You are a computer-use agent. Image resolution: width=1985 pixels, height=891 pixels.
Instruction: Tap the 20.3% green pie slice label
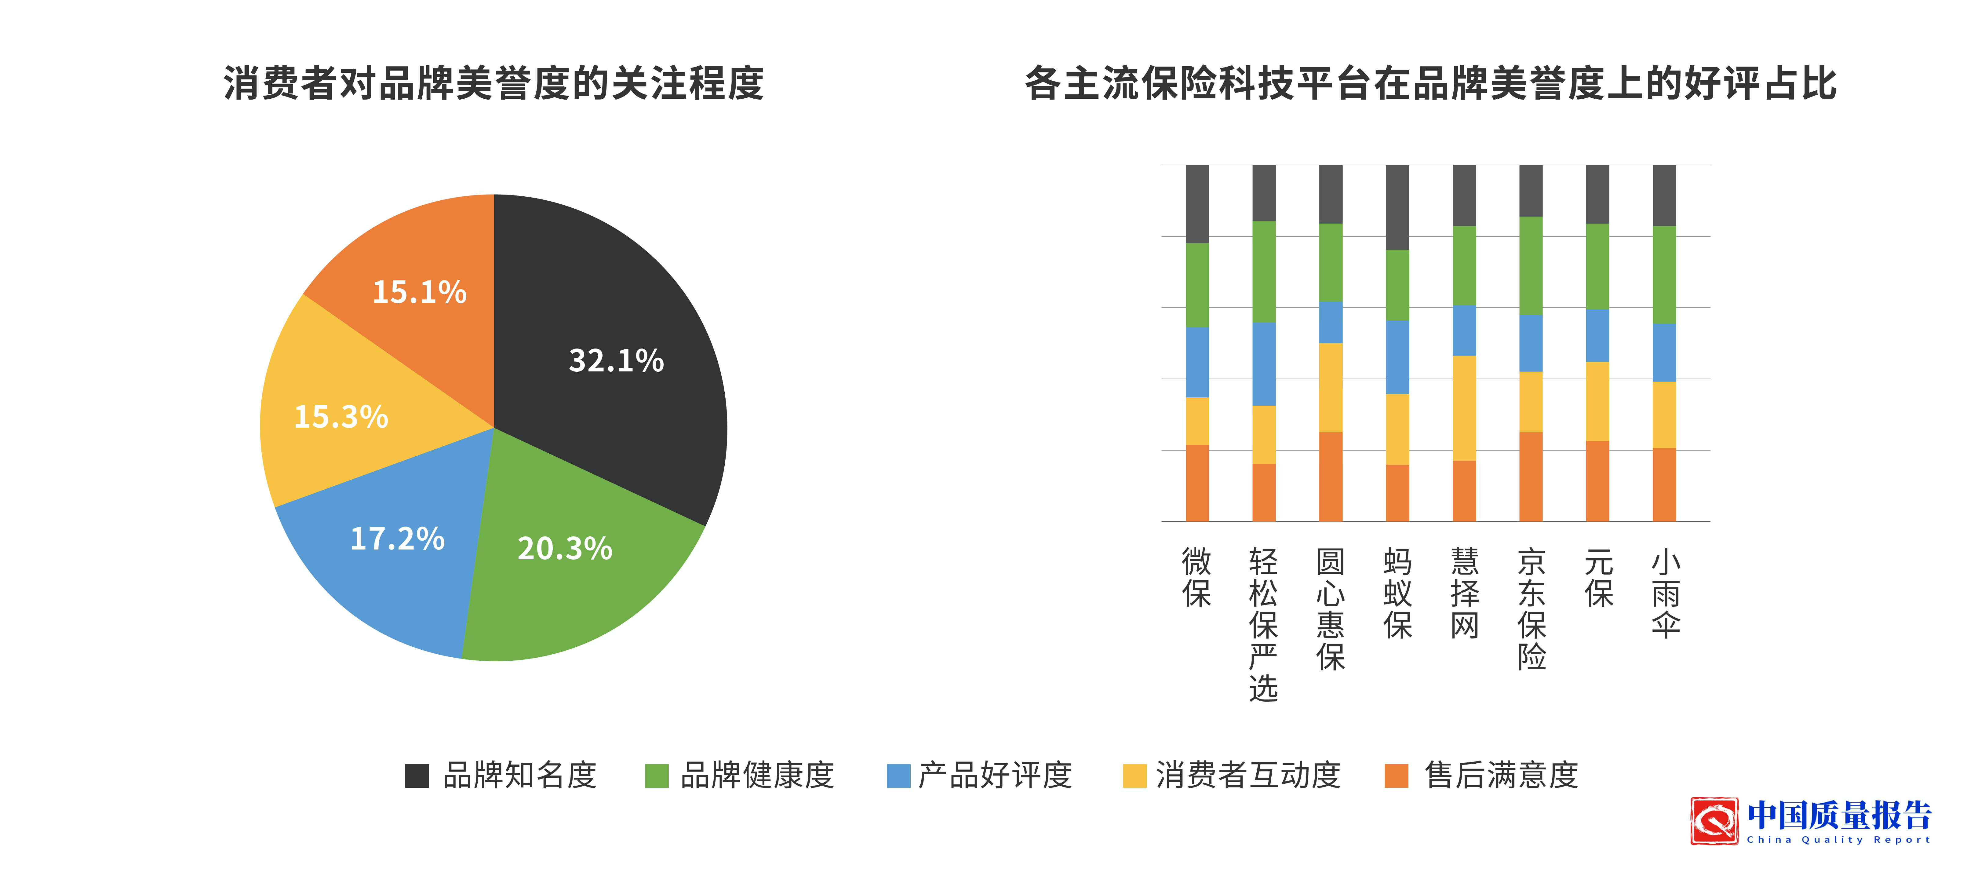pos(565,549)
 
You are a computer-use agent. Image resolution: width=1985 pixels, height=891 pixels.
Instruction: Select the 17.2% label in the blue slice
pos(398,539)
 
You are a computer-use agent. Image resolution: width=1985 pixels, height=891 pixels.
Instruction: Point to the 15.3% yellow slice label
pos(341,417)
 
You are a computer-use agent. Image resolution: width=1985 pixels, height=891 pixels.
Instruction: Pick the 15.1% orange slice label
pos(420,292)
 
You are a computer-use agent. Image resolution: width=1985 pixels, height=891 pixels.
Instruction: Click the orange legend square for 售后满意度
pos(1396,775)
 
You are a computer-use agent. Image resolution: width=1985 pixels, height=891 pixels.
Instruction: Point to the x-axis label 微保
pos(1197,577)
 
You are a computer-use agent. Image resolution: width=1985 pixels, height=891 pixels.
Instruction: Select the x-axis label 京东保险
pos(1532,609)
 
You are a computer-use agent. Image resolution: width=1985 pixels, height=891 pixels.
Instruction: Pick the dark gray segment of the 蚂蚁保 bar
pos(1397,206)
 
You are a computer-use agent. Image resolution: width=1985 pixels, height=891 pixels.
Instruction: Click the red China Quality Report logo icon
pos(1714,821)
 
